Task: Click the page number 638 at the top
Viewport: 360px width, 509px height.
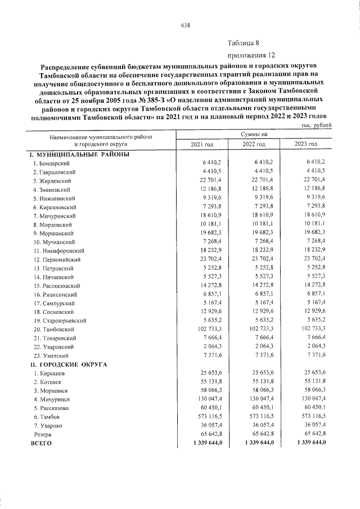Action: (x=186, y=25)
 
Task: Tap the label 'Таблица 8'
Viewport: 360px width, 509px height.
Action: (x=243, y=43)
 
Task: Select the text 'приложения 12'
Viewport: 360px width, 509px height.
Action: (x=251, y=55)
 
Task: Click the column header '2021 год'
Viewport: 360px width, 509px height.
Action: (x=202, y=145)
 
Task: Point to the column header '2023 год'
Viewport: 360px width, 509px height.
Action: (x=305, y=145)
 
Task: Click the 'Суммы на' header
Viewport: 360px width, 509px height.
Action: (x=254, y=135)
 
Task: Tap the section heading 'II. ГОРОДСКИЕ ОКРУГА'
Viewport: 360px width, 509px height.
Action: (x=70, y=364)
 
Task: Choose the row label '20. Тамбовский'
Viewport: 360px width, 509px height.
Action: (x=52, y=328)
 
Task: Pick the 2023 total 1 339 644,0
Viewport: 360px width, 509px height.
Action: (x=307, y=443)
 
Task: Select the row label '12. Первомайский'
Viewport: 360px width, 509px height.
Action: (x=56, y=259)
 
